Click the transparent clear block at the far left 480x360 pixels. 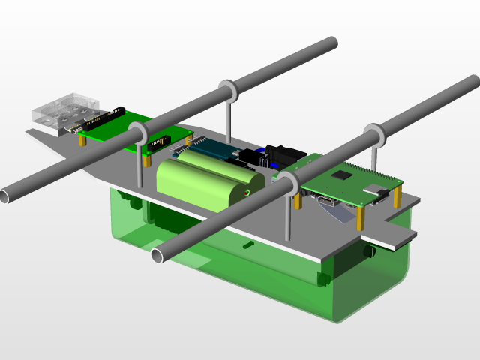coord(64,112)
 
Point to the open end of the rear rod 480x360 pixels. coord(3,196)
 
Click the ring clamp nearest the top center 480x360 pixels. coord(228,91)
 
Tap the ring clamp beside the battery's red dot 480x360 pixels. coord(288,182)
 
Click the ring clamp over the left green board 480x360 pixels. coord(138,133)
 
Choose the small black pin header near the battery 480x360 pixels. coord(158,142)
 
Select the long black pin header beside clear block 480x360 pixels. coord(104,119)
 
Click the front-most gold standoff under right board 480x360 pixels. coord(361,217)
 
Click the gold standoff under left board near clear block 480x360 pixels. coord(82,139)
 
